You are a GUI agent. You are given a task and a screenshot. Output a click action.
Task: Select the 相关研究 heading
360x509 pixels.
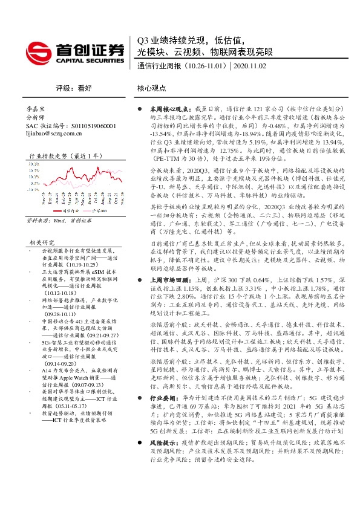42,241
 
